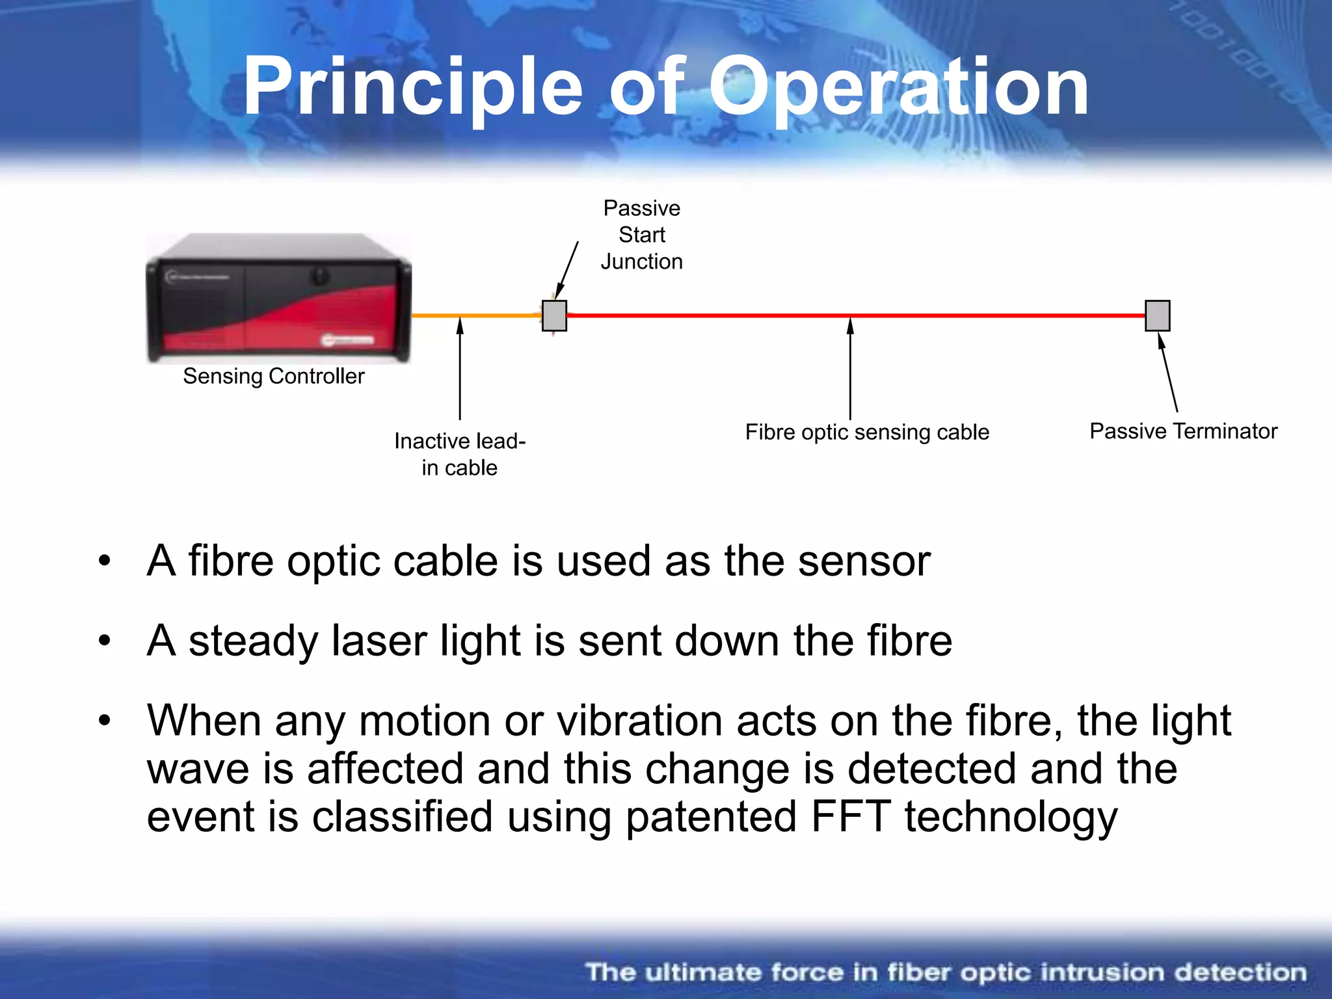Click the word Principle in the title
[x=412, y=87]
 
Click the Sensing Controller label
[x=273, y=377]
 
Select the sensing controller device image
[x=278, y=298]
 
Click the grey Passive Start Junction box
[x=554, y=316]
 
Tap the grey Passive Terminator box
[x=1157, y=316]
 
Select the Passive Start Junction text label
[x=641, y=235]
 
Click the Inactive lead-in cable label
[x=459, y=454]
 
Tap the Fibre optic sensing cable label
[x=866, y=433]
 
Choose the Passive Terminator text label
[x=1183, y=431]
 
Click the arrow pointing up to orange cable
[x=460, y=371]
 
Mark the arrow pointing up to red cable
[x=850, y=371]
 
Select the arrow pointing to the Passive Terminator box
[x=1168, y=374]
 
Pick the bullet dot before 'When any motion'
[x=105, y=721]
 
